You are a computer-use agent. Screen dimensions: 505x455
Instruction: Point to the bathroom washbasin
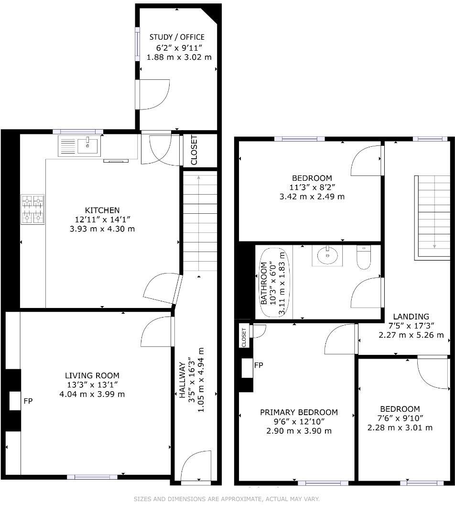328,255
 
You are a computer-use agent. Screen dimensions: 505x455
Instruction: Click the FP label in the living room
28,401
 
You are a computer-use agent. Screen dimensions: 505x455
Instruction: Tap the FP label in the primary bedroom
259,365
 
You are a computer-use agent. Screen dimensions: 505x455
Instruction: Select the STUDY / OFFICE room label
177,37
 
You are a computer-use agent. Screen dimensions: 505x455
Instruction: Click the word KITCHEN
102,210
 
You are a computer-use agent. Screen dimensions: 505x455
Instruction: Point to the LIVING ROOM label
92,376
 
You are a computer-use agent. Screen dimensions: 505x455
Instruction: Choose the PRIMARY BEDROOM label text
299,412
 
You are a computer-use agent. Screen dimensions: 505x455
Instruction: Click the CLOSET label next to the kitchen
194,150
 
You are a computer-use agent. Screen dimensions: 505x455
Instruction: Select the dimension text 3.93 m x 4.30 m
102,229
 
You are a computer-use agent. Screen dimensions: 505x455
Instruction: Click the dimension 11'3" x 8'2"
312,187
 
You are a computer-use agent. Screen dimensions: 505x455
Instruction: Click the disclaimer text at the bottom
227,499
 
